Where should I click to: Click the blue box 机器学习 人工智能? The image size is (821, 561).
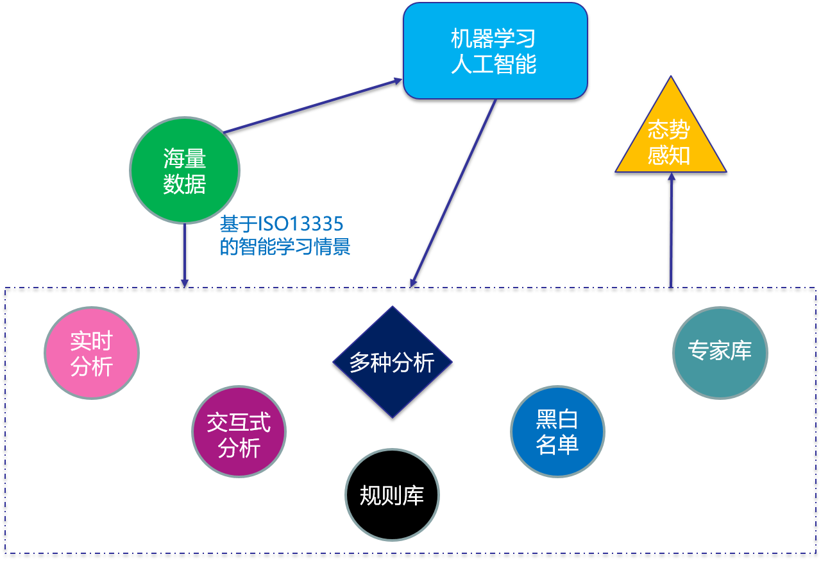pyautogui.click(x=495, y=51)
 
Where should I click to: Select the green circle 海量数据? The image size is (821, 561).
pyautogui.click(x=185, y=170)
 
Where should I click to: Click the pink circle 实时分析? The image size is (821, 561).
pyautogui.click(x=92, y=353)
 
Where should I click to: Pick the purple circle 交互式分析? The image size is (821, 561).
pyautogui.click(x=239, y=432)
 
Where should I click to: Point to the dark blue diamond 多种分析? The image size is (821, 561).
pyautogui.click(x=392, y=362)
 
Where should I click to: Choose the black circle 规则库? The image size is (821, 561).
pyautogui.click(x=392, y=495)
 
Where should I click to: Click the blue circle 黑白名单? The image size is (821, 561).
pyautogui.click(x=557, y=431)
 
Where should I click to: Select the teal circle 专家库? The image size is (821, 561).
pyautogui.click(x=720, y=352)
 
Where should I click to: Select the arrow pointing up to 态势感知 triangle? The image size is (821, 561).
pyautogui.click(x=671, y=231)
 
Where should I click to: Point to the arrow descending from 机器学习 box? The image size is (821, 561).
pyautogui.click(x=453, y=193)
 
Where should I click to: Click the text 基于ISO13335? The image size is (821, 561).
pyautogui.click(x=282, y=224)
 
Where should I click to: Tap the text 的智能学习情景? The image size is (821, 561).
pyautogui.click(x=285, y=247)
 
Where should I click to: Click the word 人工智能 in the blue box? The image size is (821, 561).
pyautogui.click(x=494, y=64)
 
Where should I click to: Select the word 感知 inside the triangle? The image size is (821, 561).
pyautogui.click(x=668, y=155)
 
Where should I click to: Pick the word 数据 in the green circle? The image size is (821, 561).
pyautogui.click(x=185, y=184)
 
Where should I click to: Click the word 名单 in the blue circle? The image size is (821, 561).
pyautogui.click(x=557, y=445)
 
